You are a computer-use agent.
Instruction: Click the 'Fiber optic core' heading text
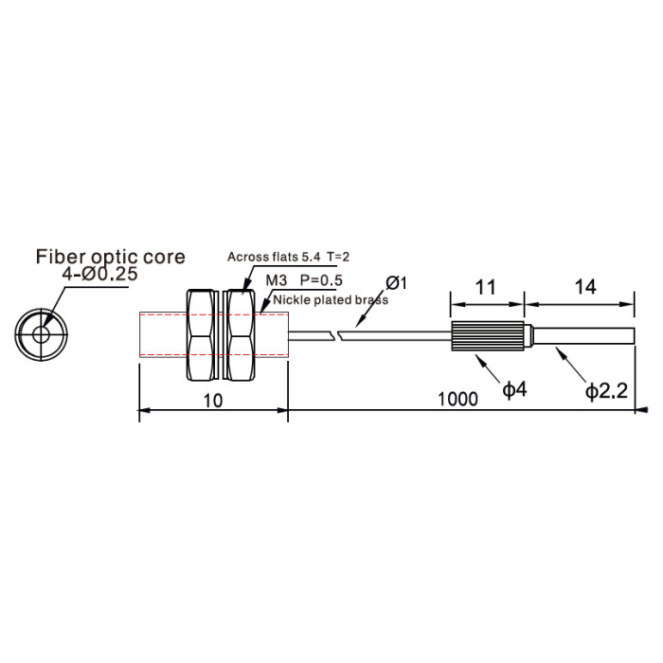coord(111,257)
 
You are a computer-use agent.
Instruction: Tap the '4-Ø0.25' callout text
coord(99,275)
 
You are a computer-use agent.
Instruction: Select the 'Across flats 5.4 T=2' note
coord(288,257)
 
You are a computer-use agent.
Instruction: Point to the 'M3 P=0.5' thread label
coord(304,280)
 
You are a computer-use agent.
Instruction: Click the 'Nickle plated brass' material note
coord(331,300)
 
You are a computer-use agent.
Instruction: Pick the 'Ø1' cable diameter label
coord(396,283)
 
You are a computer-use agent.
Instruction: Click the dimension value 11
coord(485,288)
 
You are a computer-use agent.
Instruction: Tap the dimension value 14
coord(585,287)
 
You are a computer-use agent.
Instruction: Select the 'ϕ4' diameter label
coord(514,389)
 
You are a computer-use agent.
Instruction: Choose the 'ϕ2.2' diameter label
coord(606,391)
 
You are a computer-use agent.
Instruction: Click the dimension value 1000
coord(457,399)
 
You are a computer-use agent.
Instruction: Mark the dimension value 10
coord(213,401)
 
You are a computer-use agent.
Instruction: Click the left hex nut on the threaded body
coord(201,334)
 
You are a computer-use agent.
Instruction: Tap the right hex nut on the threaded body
coord(241,334)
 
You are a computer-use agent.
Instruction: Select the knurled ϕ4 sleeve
coord(488,336)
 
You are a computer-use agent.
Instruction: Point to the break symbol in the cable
coord(337,336)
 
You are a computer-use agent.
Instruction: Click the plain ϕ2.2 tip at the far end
coord(584,335)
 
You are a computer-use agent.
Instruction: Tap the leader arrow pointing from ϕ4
coord(489,368)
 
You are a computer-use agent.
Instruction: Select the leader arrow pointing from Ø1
coord(372,308)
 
